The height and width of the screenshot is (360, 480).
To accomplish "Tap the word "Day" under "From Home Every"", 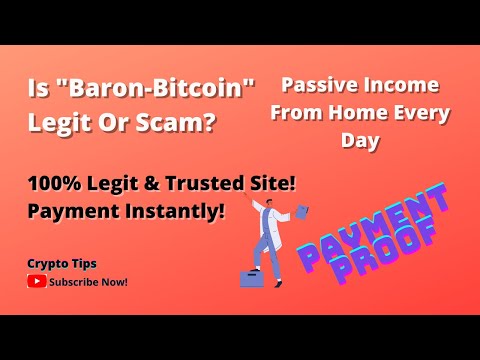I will pyautogui.click(x=365, y=142).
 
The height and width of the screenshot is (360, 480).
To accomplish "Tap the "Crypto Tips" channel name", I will pyautogui.click(x=61, y=263).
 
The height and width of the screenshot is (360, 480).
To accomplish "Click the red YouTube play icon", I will pyautogui.click(x=36, y=282).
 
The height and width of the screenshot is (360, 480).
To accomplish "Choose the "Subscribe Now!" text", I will pyautogui.click(x=88, y=282).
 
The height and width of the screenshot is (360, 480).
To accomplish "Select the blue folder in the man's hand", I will pyautogui.click(x=301, y=211).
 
